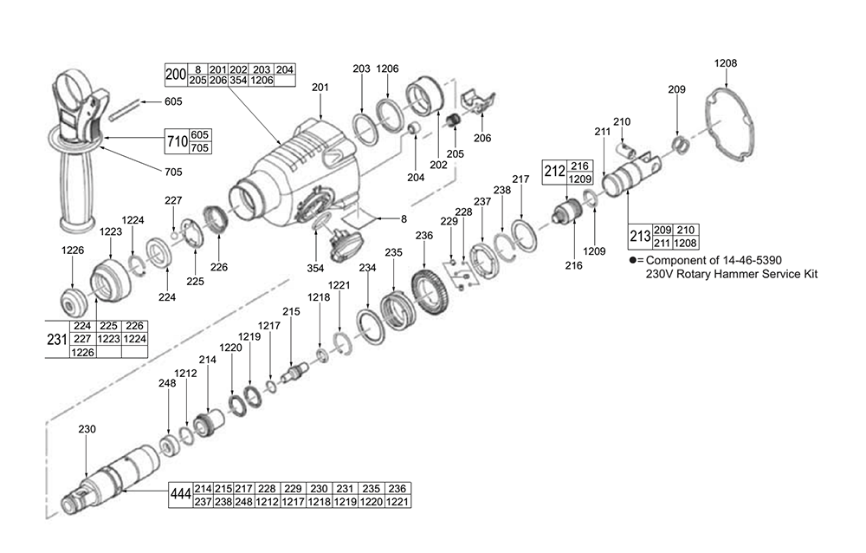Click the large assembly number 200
(x=176, y=75)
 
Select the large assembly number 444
(x=181, y=494)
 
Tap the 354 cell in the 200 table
(x=238, y=81)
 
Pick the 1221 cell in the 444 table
(x=397, y=502)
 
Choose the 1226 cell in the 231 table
(x=82, y=352)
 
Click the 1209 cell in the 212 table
(x=580, y=179)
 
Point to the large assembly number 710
(x=178, y=141)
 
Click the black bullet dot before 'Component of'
(x=633, y=260)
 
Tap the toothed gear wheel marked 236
(x=430, y=289)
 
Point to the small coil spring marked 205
(x=453, y=120)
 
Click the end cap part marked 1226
(x=73, y=301)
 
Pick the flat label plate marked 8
(x=358, y=218)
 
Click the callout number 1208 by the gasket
(x=725, y=63)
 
